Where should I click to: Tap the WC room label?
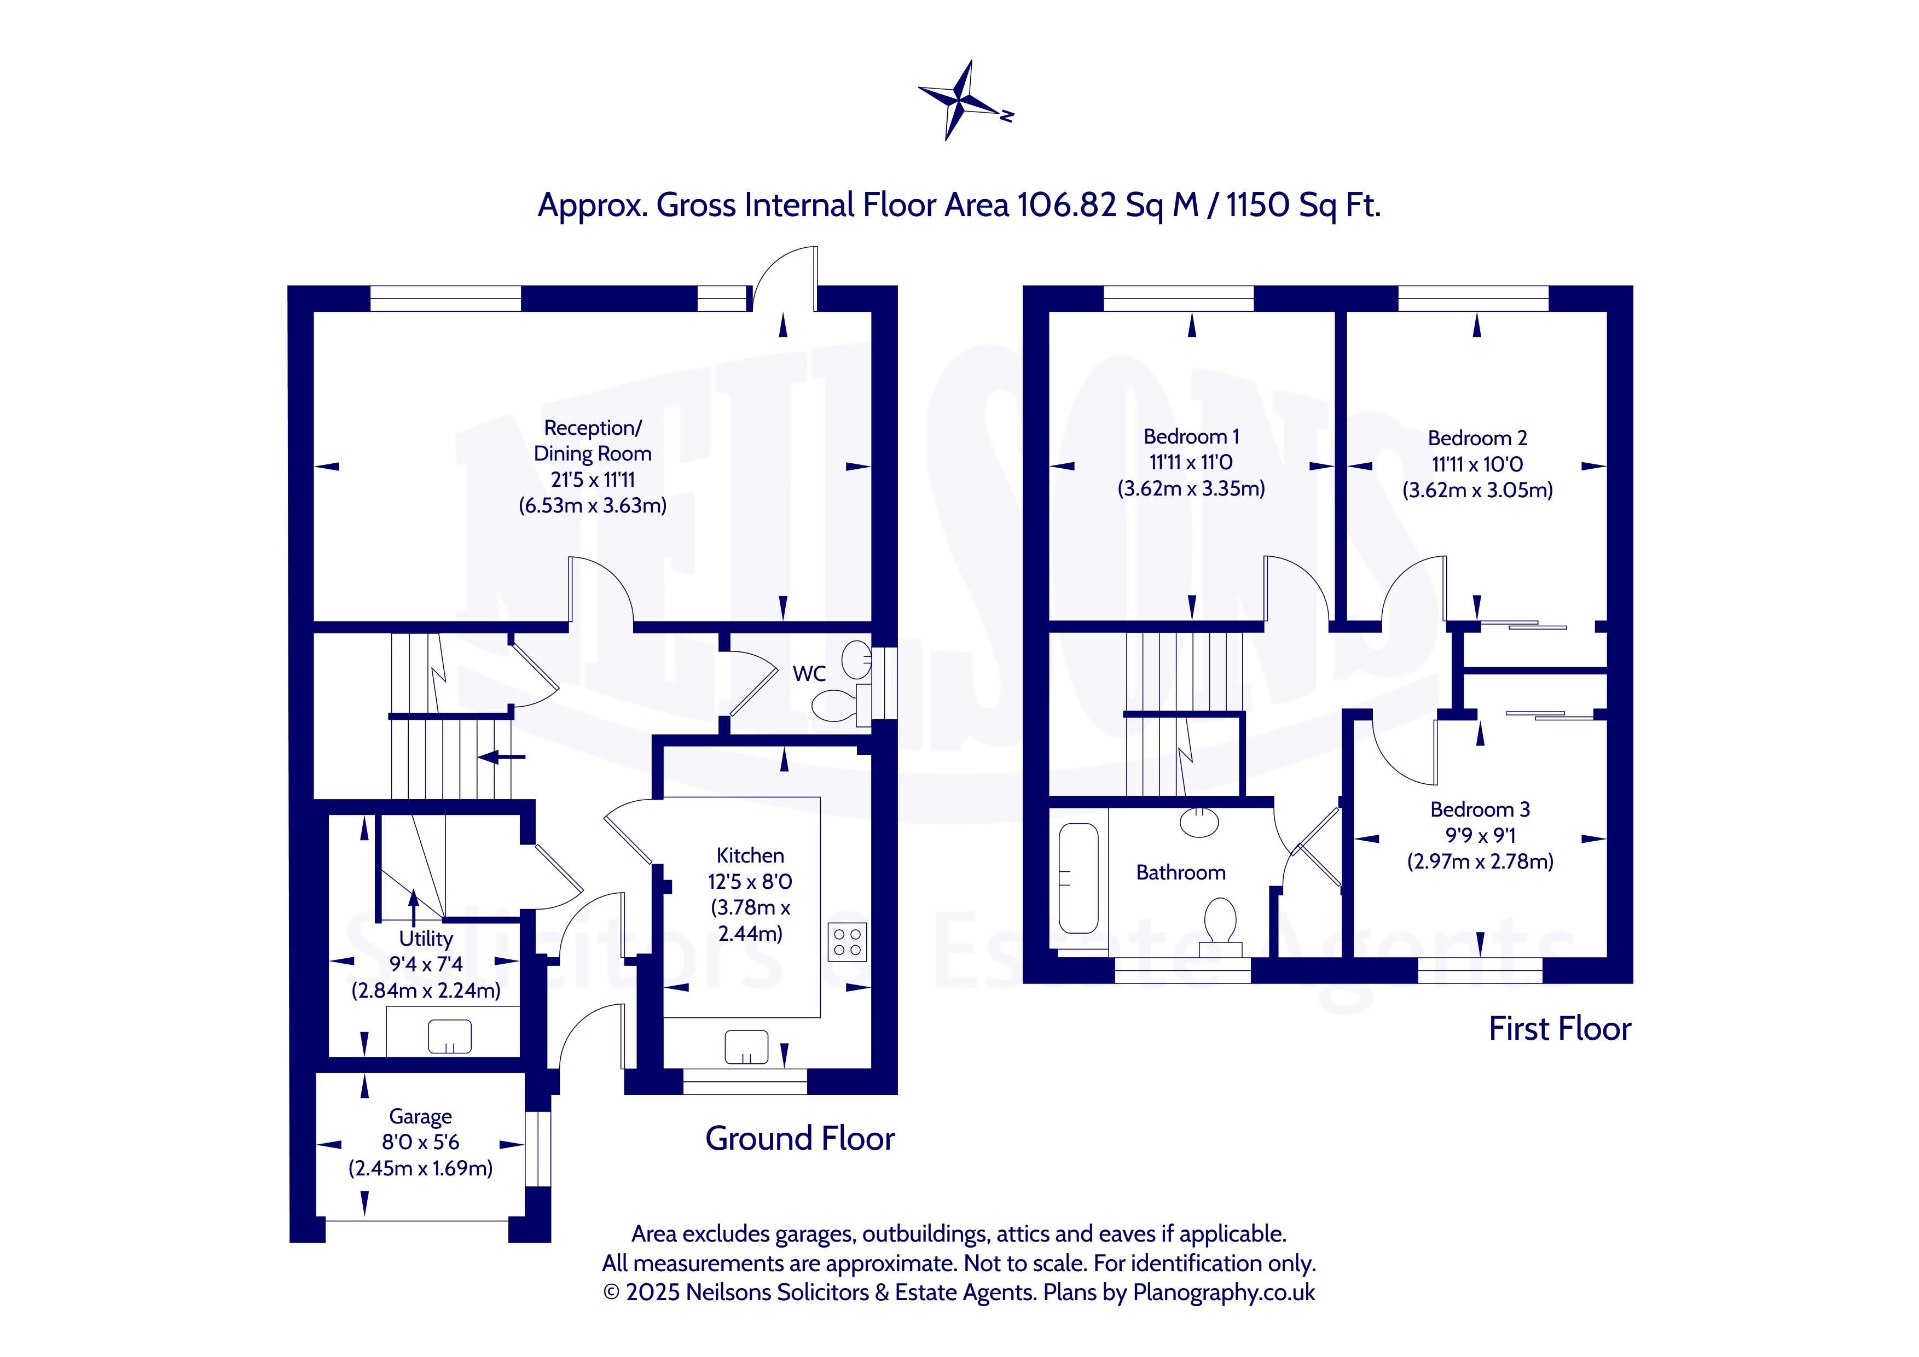tap(809, 673)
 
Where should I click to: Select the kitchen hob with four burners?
tap(848, 942)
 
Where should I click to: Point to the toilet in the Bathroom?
tap(1220, 926)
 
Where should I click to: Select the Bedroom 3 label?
tap(1480, 809)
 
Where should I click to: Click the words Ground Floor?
tap(800, 1138)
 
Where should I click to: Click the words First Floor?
tap(1559, 1029)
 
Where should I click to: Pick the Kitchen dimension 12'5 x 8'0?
tap(750, 882)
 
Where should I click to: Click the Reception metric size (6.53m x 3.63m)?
tap(593, 505)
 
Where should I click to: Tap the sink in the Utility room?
tap(450, 1037)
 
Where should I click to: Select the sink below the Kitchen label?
tap(746, 1047)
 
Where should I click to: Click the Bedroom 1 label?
tap(1191, 436)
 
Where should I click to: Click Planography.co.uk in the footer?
tap(1224, 1292)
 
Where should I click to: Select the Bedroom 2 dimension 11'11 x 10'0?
tap(1477, 464)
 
